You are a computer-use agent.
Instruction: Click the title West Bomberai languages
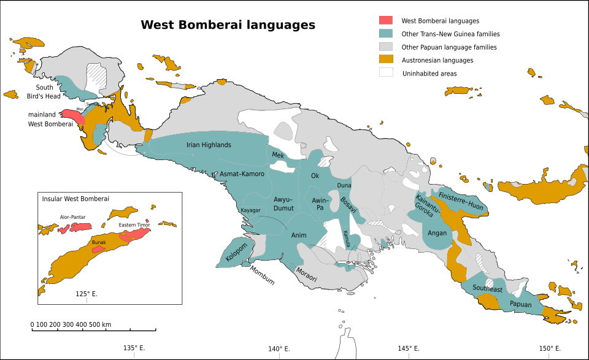[x=228, y=25]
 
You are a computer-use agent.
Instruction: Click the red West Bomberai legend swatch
[x=385, y=21]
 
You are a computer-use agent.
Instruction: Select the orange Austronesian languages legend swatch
[x=385, y=59]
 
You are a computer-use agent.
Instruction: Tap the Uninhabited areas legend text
[x=429, y=74]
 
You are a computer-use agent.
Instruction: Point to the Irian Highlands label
[x=209, y=145]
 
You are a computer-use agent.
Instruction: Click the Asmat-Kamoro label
[x=242, y=174]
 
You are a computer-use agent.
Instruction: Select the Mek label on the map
[x=278, y=155]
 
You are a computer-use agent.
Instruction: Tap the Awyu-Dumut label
[x=283, y=204]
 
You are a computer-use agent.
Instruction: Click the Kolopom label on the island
[x=236, y=253]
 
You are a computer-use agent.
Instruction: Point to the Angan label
[x=437, y=232]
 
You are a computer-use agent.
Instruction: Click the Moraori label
[x=307, y=274]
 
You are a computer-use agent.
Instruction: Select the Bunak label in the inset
[x=99, y=242]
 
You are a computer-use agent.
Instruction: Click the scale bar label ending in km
[x=71, y=324]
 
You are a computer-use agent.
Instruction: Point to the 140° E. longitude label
[x=279, y=349]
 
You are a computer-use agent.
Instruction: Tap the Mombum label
[x=261, y=277]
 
